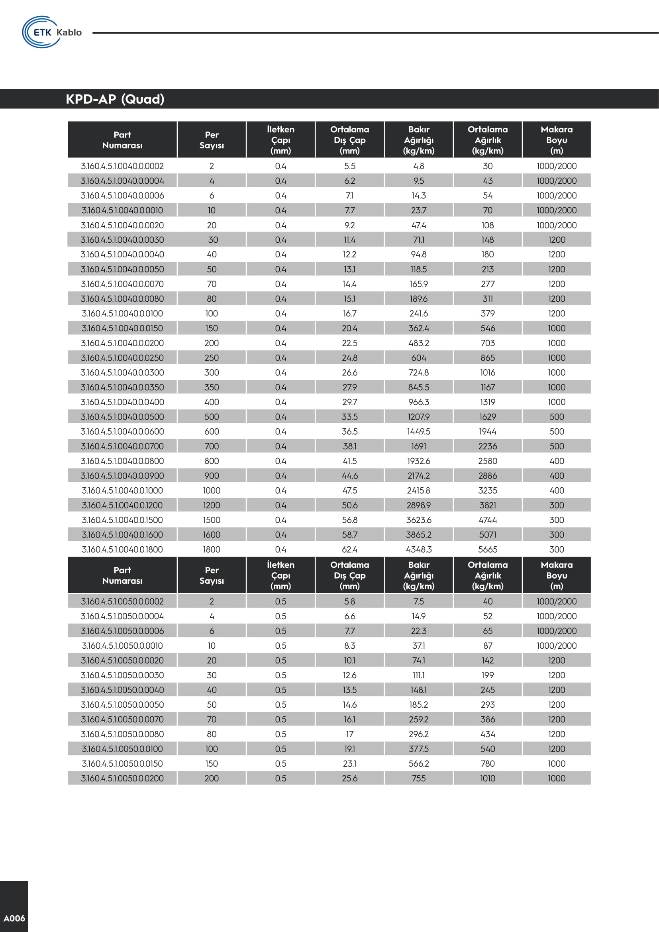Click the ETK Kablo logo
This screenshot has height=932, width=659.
click(x=52, y=32)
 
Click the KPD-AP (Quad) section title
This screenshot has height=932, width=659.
click(x=115, y=99)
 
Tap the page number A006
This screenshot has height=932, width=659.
click(x=14, y=918)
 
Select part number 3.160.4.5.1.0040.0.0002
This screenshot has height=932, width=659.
click(x=122, y=166)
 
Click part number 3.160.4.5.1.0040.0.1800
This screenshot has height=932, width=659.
click(x=122, y=549)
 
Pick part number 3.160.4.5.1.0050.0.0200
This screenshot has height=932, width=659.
click(x=122, y=778)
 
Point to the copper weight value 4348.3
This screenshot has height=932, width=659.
click(x=419, y=549)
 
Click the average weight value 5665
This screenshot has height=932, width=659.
click(x=487, y=549)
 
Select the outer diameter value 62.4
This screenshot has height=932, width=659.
click(x=349, y=549)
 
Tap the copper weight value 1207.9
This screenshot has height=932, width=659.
click(x=419, y=416)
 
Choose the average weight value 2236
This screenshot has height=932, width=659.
click(x=487, y=446)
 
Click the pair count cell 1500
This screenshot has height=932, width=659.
click(x=212, y=520)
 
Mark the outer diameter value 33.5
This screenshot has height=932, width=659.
click(x=349, y=416)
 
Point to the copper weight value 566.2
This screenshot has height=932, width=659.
click(x=419, y=763)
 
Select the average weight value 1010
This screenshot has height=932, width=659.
click(x=487, y=778)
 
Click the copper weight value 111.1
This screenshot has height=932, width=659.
click(x=419, y=675)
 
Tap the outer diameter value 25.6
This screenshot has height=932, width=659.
click(x=349, y=778)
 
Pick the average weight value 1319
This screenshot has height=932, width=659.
click(x=487, y=402)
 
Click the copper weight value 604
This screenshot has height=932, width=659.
click(x=419, y=357)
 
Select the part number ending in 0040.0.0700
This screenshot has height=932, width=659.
click(x=122, y=446)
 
